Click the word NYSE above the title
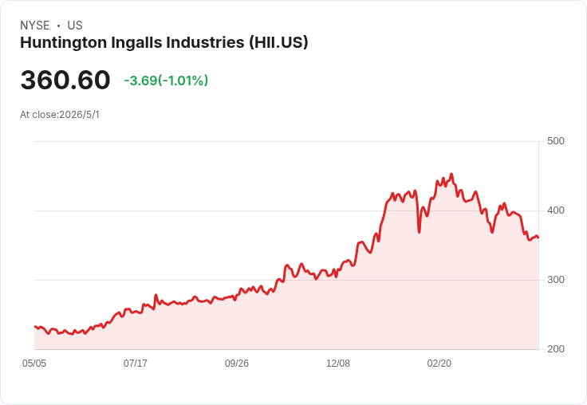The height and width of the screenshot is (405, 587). pos(35,26)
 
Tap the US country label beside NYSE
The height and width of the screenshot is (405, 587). pos(75,26)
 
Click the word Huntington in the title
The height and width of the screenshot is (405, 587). pos(64,43)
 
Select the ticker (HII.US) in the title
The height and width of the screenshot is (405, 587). pos(279,42)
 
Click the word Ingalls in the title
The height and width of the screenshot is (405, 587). pos(136,43)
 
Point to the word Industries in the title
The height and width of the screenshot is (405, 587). pos(206,42)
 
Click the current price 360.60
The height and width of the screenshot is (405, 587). pos(65,80)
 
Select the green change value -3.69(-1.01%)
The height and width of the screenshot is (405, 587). pos(166,81)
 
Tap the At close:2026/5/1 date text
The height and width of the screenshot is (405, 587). pos(60,115)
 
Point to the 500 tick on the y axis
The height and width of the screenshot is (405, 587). pos(556,141)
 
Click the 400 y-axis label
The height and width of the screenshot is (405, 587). pos(556,210)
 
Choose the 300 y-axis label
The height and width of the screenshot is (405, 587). pos(556,280)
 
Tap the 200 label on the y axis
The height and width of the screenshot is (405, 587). pos(556,349)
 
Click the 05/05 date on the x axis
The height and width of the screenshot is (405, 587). pos(34,364)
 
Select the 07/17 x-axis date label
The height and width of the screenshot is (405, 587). pos(136,364)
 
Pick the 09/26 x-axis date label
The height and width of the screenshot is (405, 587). pos(237,364)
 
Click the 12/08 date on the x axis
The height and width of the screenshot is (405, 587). pos(338,364)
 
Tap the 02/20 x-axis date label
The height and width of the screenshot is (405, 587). pos(439,364)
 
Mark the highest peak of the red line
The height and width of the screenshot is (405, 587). pos(451,174)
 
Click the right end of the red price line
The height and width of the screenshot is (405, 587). pos(538,238)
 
